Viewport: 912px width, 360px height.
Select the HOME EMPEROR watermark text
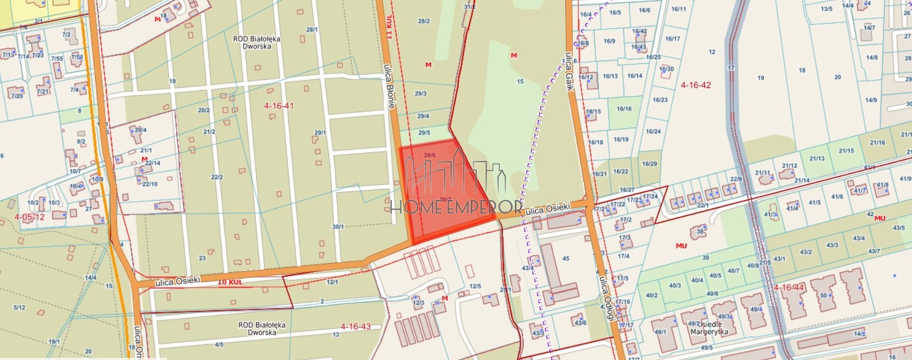click(x=456, y=207)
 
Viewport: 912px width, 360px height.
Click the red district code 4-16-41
click(x=279, y=106)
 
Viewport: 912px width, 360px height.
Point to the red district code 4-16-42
click(x=696, y=85)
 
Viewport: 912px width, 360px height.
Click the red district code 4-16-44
click(x=789, y=288)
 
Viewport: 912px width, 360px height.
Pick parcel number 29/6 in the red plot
click(x=429, y=155)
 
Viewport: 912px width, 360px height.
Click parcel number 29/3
click(x=421, y=93)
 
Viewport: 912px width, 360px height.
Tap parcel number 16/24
click(x=653, y=131)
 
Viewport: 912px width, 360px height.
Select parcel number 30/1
click(x=338, y=227)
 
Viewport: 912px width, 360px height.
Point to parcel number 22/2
click(x=217, y=177)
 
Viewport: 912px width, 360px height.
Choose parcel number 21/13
click(x=817, y=158)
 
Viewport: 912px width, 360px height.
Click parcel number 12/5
click(x=475, y=286)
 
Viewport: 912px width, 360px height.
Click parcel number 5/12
click(x=19, y=307)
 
